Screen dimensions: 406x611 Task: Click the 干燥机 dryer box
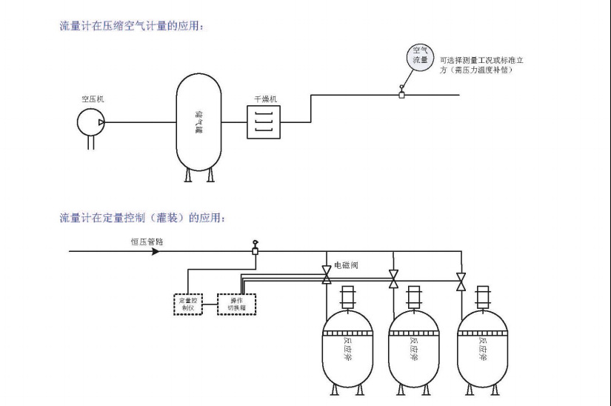[264, 121]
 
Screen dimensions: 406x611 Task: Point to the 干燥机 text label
[265, 98]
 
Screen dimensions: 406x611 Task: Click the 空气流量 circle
[420, 57]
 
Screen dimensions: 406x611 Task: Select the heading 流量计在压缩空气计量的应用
[131, 26]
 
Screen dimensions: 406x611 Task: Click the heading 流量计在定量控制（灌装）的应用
[147, 218]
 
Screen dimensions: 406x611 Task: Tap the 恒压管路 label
[145, 241]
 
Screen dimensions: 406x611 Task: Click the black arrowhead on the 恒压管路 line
[155, 251]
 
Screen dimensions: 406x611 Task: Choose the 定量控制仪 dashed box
[187, 304]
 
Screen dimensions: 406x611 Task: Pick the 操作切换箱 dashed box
[236, 304]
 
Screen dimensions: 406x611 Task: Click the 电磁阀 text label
[346, 264]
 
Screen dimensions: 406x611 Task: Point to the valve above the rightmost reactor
[461, 282]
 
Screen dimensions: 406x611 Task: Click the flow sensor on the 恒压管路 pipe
[256, 250]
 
